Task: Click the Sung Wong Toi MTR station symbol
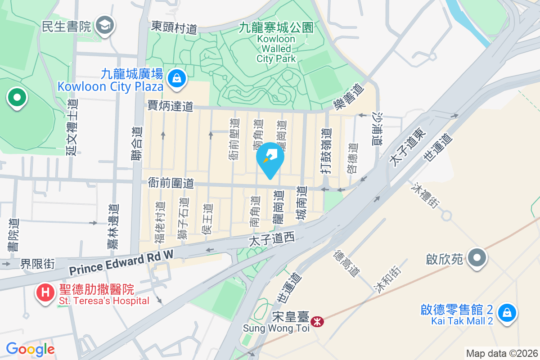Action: pyautogui.click(x=317, y=321)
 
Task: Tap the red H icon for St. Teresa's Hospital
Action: pyautogui.click(x=45, y=292)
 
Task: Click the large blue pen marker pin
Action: pyautogui.click(x=270, y=157)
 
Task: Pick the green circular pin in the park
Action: pyautogui.click(x=17, y=97)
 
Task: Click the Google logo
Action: pyautogui.click(x=30, y=349)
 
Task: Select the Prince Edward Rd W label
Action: pyautogui.click(x=121, y=264)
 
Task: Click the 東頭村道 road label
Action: pyautogui.click(x=174, y=27)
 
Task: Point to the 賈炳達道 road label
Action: pyautogui.click(x=171, y=106)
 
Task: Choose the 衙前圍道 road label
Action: pyautogui.click(x=171, y=183)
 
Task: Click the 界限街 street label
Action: pyautogui.click(x=37, y=263)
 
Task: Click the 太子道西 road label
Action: pyautogui.click(x=271, y=239)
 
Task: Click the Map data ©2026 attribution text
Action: pyautogui.click(x=502, y=353)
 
